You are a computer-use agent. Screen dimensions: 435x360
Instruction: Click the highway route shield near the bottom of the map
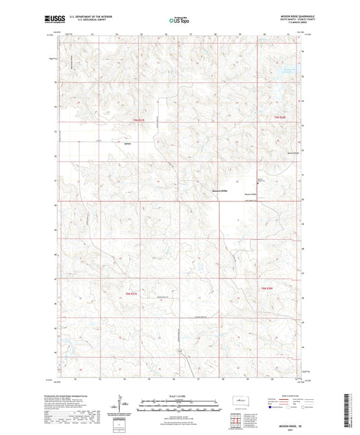pyautogui.click(x=179, y=352)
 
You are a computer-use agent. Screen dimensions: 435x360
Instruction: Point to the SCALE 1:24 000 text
pyautogui.click(x=179, y=395)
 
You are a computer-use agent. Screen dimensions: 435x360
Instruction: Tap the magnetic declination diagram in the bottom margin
pyautogui.click(x=123, y=404)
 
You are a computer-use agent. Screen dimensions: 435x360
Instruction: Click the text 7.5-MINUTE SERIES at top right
pyautogui.click(x=293, y=24)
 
